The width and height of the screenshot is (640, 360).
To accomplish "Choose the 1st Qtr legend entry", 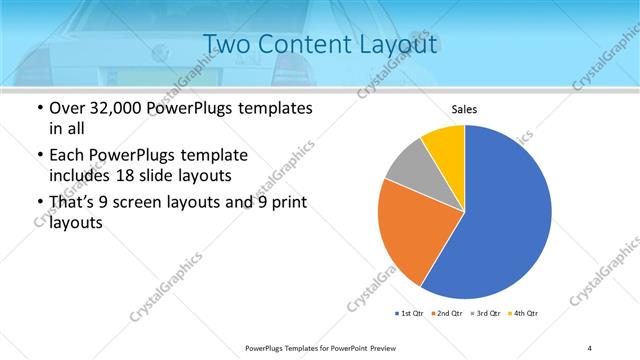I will coord(409,314).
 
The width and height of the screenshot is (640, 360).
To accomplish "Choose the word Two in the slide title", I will coord(224,44).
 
